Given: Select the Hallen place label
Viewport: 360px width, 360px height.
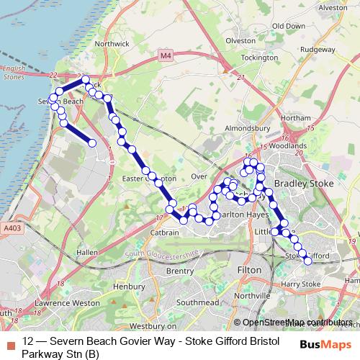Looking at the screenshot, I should point(87,253).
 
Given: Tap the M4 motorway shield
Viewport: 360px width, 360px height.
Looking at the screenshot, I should point(168,55).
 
